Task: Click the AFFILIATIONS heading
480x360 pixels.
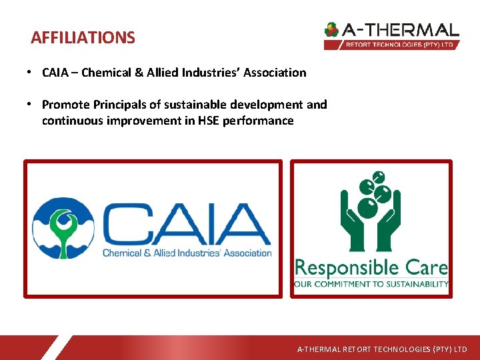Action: click(x=83, y=38)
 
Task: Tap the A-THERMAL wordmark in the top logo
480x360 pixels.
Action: click(x=401, y=30)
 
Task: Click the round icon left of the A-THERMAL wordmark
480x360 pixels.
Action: click(x=331, y=30)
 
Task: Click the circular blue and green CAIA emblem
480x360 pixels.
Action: click(x=63, y=227)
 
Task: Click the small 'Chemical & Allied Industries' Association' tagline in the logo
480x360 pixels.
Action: click(x=187, y=253)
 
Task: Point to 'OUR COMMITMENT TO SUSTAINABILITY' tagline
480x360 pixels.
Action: click(x=371, y=284)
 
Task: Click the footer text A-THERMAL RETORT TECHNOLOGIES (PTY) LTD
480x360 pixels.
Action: click(x=382, y=349)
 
